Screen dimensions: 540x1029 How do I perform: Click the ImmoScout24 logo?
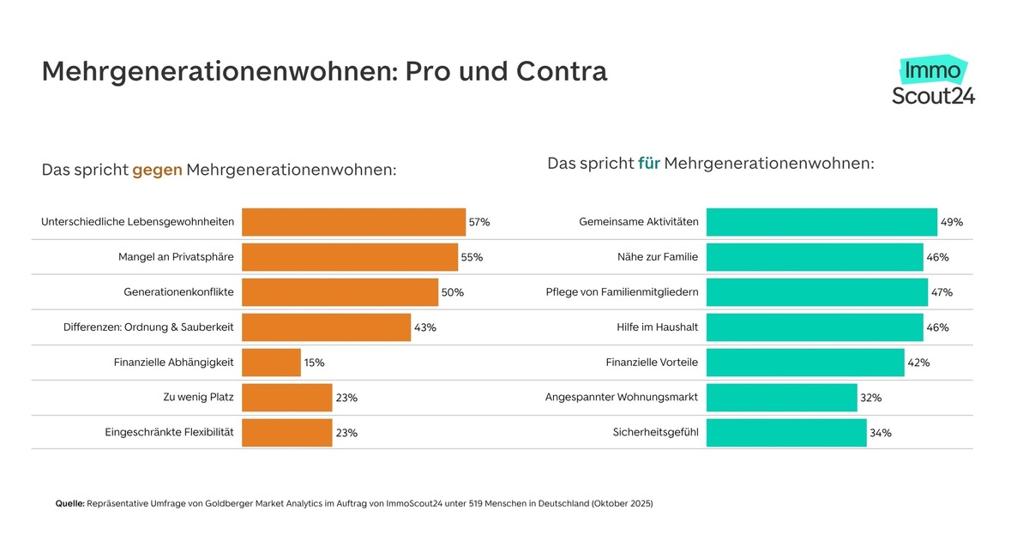coord(933,81)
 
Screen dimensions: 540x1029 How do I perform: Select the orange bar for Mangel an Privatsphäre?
coord(350,257)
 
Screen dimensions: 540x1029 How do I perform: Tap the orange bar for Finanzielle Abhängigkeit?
coord(271,363)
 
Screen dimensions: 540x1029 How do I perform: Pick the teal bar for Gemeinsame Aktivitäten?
coord(821,222)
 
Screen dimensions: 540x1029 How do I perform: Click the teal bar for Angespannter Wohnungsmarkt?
coord(781,398)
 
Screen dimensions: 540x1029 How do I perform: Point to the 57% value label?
coord(479,222)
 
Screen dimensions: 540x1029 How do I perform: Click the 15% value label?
coord(314,363)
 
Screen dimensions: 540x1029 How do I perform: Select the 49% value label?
coord(952,222)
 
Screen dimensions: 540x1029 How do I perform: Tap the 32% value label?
coord(871,398)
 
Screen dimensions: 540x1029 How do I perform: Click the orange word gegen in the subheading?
coord(157,171)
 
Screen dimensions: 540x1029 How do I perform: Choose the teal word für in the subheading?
coord(648,163)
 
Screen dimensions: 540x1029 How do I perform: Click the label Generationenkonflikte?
coord(178,292)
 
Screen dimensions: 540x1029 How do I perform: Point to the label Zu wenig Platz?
coord(192,398)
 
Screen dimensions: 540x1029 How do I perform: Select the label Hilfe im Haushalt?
coord(657,327)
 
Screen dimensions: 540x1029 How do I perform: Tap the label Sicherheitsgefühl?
coord(655,433)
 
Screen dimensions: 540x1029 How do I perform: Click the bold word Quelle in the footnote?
coord(69,504)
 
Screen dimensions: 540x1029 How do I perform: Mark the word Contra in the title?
coord(562,71)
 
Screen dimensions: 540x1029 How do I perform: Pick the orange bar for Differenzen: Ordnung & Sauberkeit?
coord(326,327)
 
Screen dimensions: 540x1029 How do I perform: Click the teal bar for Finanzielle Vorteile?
coord(805,363)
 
